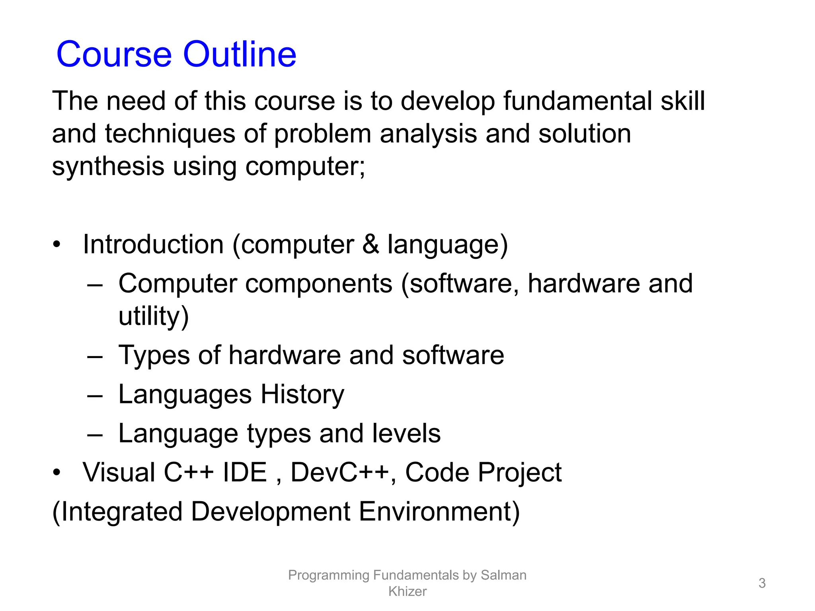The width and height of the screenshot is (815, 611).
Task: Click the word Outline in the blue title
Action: pos(240,54)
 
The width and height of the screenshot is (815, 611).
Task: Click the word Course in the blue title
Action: pos(114,54)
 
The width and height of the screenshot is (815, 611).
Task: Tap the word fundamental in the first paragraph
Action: pos(578,101)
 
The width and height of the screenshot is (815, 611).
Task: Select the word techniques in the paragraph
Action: pos(170,134)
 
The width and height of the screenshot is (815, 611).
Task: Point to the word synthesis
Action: pos(108,166)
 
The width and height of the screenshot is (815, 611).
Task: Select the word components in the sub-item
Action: pos(319,283)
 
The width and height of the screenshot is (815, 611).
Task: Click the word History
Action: pos(302,394)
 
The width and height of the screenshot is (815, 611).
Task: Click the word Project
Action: pos(520,472)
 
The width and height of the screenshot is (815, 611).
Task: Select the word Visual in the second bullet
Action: pos(119,472)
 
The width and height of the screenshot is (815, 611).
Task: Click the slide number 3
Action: pos(762,583)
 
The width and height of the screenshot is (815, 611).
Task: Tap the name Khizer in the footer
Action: pos(407,592)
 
